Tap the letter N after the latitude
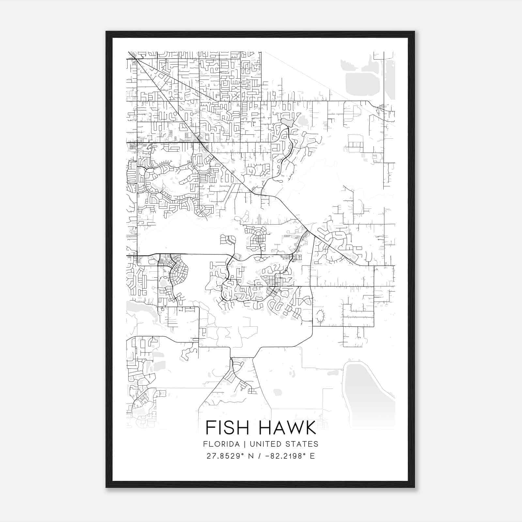point(251,456)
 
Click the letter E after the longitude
point(313,456)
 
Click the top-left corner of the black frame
point(106,32)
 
